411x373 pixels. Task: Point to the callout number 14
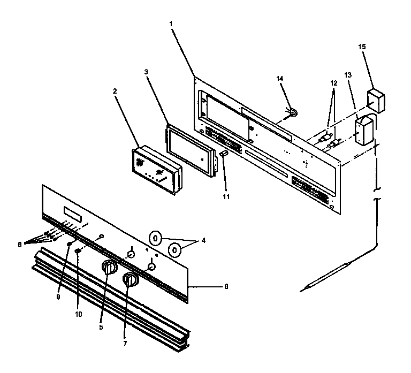280,78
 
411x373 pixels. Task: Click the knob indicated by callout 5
109,267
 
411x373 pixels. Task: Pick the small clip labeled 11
223,154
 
